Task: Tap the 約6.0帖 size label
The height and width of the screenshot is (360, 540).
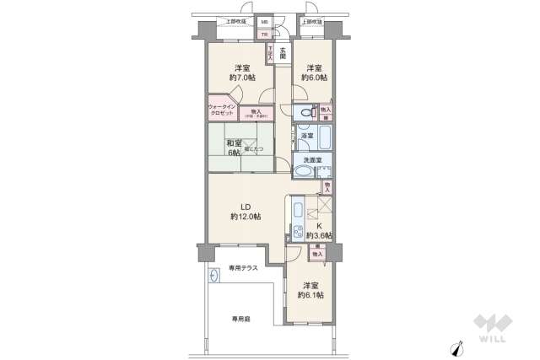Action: click(x=316, y=78)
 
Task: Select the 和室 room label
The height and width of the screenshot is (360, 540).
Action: click(x=234, y=142)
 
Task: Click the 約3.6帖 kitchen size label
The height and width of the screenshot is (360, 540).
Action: click(x=319, y=236)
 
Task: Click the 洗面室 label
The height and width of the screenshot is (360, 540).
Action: click(x=305, y=159)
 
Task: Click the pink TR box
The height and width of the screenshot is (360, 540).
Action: click(x=263, y=34)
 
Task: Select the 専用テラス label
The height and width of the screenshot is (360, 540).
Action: click(x=243, y=268)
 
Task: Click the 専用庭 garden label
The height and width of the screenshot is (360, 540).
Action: click(x=242, y=319)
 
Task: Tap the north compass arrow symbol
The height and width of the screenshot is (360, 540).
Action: click(x=458, y=347)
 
